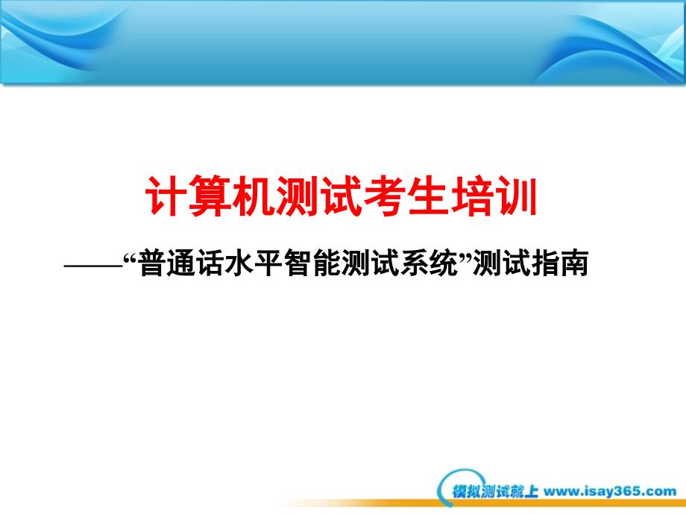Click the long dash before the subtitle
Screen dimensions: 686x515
[94, 264]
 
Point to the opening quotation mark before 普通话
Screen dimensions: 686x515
[130, 257]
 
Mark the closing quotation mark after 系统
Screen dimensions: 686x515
[465, 257]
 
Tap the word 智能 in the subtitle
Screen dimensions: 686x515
[312, 263]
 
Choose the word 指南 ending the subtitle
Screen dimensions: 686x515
[559, 263]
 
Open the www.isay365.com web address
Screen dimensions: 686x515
[610, 491]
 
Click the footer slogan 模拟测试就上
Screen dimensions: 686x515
[495, 491]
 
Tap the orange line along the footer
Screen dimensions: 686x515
[481, 504]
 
